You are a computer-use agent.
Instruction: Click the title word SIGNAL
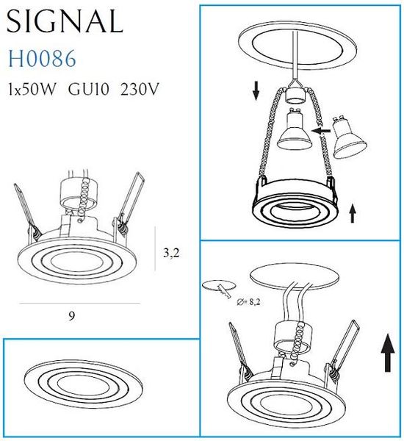pos(65,22)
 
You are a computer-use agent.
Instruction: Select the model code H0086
pos(40,59)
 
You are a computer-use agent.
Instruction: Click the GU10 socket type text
pos(90,90)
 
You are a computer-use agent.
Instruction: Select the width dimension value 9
pos(71,316)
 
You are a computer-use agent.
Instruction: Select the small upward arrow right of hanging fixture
pos(353,213)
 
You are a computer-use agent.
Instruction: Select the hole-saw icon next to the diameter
pos(217,287)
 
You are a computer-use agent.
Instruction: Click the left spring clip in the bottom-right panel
pos(237,352)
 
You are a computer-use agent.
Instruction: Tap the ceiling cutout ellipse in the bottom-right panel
pos(293,276)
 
